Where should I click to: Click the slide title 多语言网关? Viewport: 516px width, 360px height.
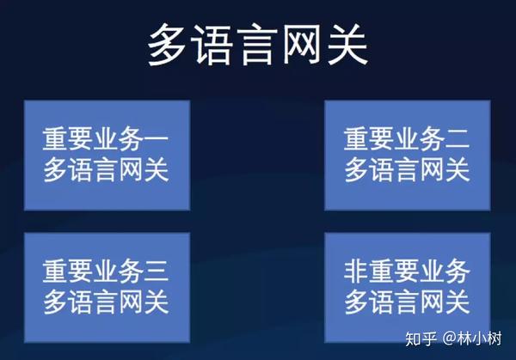point(257,45)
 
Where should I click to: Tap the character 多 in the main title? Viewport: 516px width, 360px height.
point(167,45)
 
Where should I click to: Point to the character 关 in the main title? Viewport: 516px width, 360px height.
point(347,45)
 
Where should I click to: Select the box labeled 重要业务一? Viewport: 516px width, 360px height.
point(107,156)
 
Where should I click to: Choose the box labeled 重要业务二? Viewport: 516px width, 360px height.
point(408,156)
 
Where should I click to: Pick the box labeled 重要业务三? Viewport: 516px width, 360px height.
point(107,288)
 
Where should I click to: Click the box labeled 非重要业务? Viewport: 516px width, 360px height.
point(408,288)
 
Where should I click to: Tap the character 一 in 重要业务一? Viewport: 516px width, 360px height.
point(157,139)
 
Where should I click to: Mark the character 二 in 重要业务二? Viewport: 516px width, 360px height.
point(457,139)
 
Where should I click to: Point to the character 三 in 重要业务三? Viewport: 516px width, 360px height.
point(157,272)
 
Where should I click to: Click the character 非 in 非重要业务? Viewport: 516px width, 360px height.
point(356,272)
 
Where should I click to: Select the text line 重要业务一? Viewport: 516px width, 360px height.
point(106,139)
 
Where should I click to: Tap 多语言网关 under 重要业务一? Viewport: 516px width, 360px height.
point(106,169)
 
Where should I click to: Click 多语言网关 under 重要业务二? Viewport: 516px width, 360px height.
point(407,169)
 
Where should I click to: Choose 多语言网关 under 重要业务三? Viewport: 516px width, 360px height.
point(106,302)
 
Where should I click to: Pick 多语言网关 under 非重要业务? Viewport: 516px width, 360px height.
point(407,302)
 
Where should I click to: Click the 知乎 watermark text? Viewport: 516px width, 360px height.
point(421,339)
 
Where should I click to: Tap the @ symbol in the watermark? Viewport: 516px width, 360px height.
point(450,339)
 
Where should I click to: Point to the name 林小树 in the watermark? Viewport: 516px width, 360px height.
point(480,339)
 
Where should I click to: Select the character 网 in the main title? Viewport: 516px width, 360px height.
point(302,45)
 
